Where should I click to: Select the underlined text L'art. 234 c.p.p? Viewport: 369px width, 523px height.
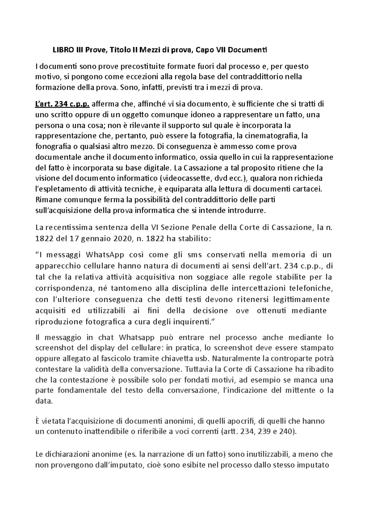pos(62,104)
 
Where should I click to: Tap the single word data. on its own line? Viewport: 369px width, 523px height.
pos(44,401)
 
